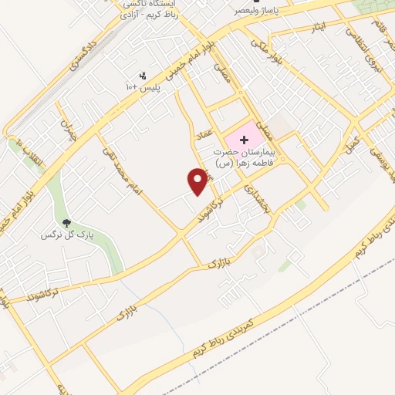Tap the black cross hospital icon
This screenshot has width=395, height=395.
(x=245, y=140)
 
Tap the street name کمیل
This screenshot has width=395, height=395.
(x=353, y=143)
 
